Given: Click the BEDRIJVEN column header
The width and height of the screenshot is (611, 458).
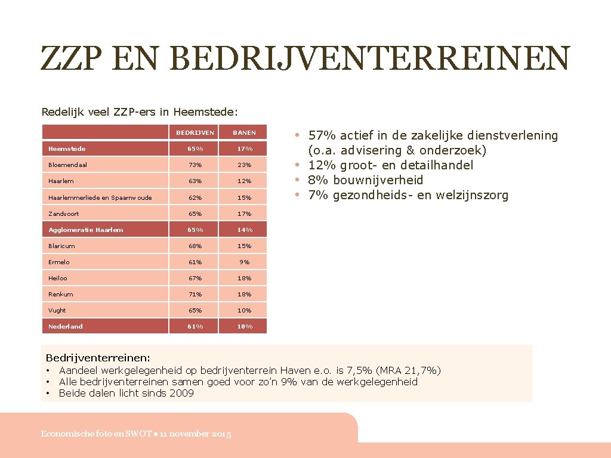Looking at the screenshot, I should click(195, 132).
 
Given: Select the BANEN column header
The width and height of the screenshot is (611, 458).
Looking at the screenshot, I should click(244, 132).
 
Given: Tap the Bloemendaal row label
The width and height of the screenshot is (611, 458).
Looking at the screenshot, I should click(67, 165).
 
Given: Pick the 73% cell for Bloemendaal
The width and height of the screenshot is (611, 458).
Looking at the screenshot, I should click(195, 165).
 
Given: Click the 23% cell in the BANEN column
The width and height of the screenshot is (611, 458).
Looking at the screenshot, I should click(244, 165).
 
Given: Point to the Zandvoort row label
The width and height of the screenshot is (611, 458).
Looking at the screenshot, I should click(64, 213).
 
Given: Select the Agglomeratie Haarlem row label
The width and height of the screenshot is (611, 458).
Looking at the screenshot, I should click(86, 230).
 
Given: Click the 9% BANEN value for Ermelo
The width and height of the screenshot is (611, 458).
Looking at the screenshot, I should click(244, 262).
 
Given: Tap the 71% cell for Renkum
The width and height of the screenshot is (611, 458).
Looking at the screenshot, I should click(195, 294).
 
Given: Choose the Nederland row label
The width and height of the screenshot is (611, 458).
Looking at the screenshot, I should click(66, 326).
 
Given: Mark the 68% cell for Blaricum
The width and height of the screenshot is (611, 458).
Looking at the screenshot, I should click(195, 246).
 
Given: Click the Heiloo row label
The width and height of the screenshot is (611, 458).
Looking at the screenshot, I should click(59, 278).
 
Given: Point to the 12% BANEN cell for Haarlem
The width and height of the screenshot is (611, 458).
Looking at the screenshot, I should click(244, 181).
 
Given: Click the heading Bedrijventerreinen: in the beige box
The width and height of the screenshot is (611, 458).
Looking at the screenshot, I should click(98, 358).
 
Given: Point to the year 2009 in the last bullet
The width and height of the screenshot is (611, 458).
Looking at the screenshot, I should click(181, 393).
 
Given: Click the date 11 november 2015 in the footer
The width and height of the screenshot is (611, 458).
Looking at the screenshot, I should click(195, 434).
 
